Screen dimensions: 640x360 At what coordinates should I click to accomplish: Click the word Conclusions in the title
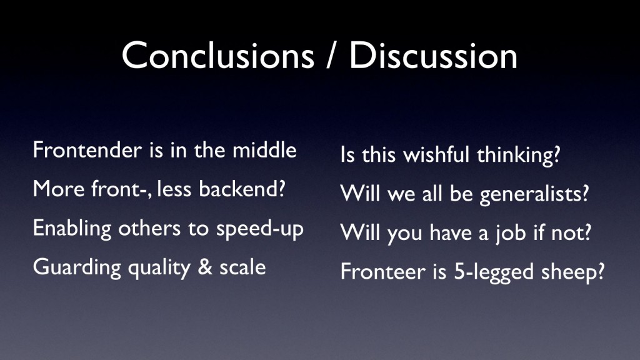click(218, 56)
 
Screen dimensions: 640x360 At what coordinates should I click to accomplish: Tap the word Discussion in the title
click(433, 56)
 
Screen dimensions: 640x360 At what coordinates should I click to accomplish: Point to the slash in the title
click(332, 56)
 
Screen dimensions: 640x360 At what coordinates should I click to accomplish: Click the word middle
click(264, 150)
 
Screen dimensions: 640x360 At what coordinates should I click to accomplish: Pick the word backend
click(242, 189)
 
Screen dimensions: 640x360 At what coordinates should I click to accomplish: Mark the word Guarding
click(77, 268)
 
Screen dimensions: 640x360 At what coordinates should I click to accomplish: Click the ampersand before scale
click(205, 267)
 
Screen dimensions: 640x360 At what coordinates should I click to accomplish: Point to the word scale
click(242, 267)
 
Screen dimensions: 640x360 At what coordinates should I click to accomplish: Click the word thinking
click(518, 156)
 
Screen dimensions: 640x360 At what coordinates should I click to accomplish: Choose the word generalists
click(534, 194)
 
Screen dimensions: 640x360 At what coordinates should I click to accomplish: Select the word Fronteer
click(383, 272)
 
